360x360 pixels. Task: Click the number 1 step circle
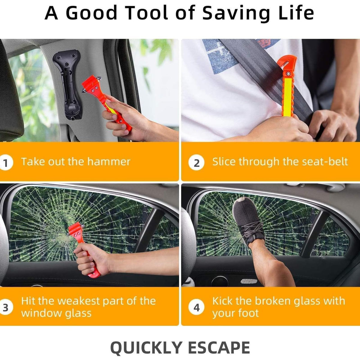click(x=6, y=162)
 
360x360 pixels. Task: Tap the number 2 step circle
click(x=196, y=162)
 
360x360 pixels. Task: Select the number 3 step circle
click(x=6, y=307)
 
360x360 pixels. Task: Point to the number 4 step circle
click(x=196, y=307)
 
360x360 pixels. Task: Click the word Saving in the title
click(x=236, y=13)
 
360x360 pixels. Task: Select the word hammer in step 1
click(x=109, y=161)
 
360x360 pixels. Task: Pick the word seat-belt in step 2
click(x=325, y=161)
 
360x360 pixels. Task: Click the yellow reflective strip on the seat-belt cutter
click(x=288, y=97)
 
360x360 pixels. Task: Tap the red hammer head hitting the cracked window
click(x=76, y=231)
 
